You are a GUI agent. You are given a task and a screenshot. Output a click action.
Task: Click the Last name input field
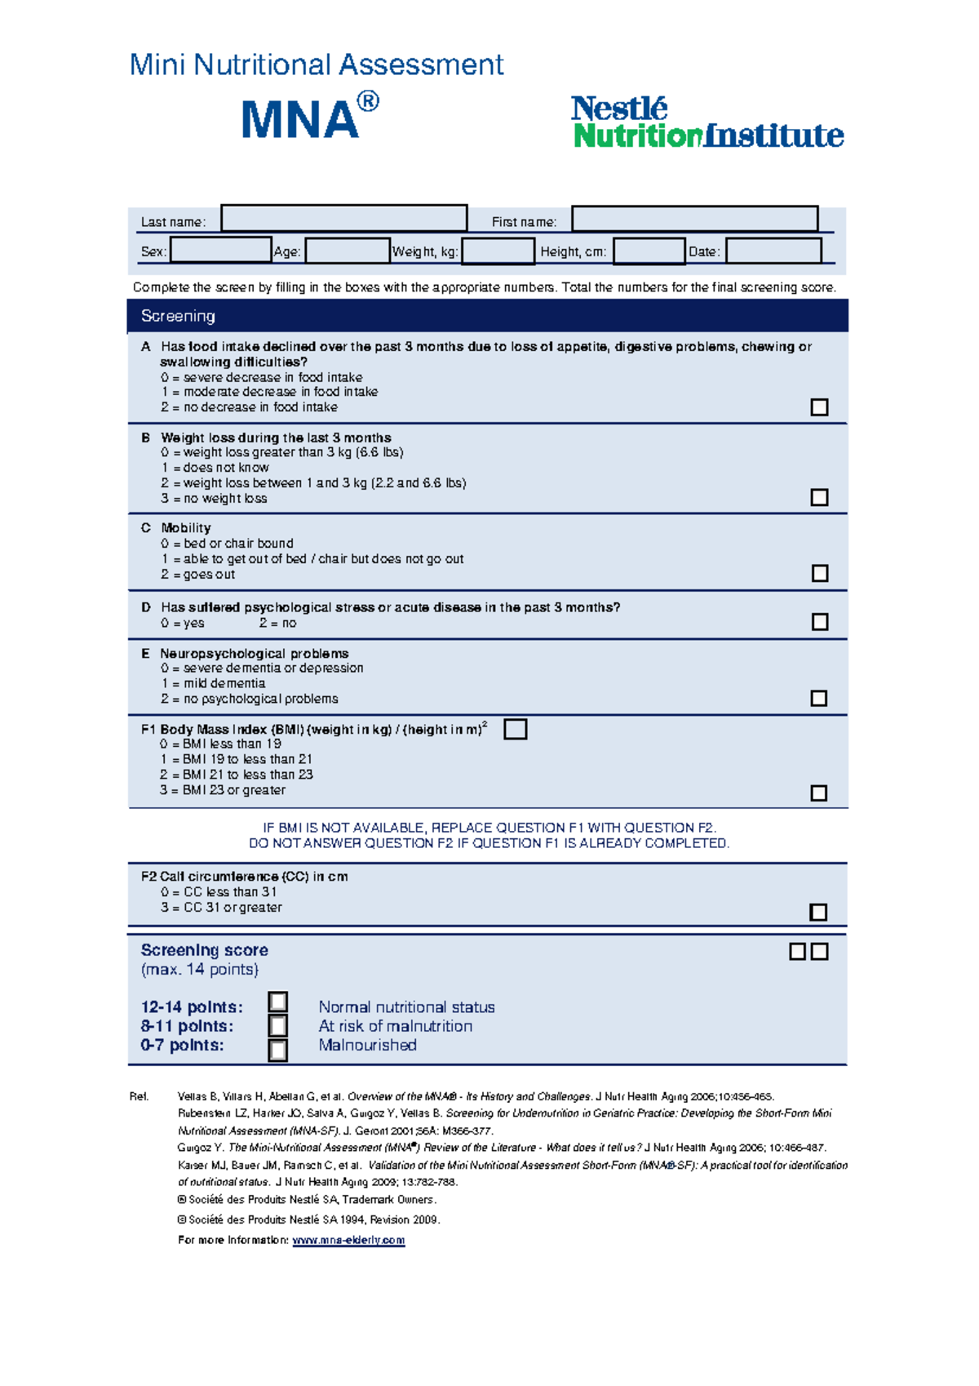343,219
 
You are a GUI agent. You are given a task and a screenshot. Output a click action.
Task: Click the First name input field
694,219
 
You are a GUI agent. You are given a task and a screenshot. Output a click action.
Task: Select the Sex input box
220,250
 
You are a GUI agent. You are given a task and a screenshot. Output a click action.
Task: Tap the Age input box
348,251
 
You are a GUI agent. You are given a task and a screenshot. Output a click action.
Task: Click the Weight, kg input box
498,251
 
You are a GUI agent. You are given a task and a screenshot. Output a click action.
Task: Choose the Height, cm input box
649,251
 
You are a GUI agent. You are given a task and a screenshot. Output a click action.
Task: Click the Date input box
773,251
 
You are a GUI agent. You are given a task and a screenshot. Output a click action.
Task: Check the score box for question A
819,406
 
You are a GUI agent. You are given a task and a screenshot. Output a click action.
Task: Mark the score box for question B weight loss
819,497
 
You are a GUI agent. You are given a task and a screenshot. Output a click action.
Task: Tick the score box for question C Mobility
820,573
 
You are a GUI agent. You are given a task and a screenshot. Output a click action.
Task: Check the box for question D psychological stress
820,622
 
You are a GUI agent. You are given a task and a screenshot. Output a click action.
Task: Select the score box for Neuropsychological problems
819,698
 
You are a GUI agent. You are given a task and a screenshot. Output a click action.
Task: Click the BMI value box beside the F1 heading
516,729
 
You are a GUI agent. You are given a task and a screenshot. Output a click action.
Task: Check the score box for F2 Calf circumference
818,912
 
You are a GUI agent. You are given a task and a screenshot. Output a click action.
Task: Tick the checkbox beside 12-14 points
278,1002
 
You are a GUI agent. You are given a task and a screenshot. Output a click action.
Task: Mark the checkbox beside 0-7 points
278,1050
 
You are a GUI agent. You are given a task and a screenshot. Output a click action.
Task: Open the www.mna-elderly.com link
348,1240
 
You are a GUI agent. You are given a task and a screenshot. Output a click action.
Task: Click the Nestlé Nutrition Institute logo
707,122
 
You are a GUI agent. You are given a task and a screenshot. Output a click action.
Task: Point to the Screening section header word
178,316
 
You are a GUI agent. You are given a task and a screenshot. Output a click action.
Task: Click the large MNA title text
301,120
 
